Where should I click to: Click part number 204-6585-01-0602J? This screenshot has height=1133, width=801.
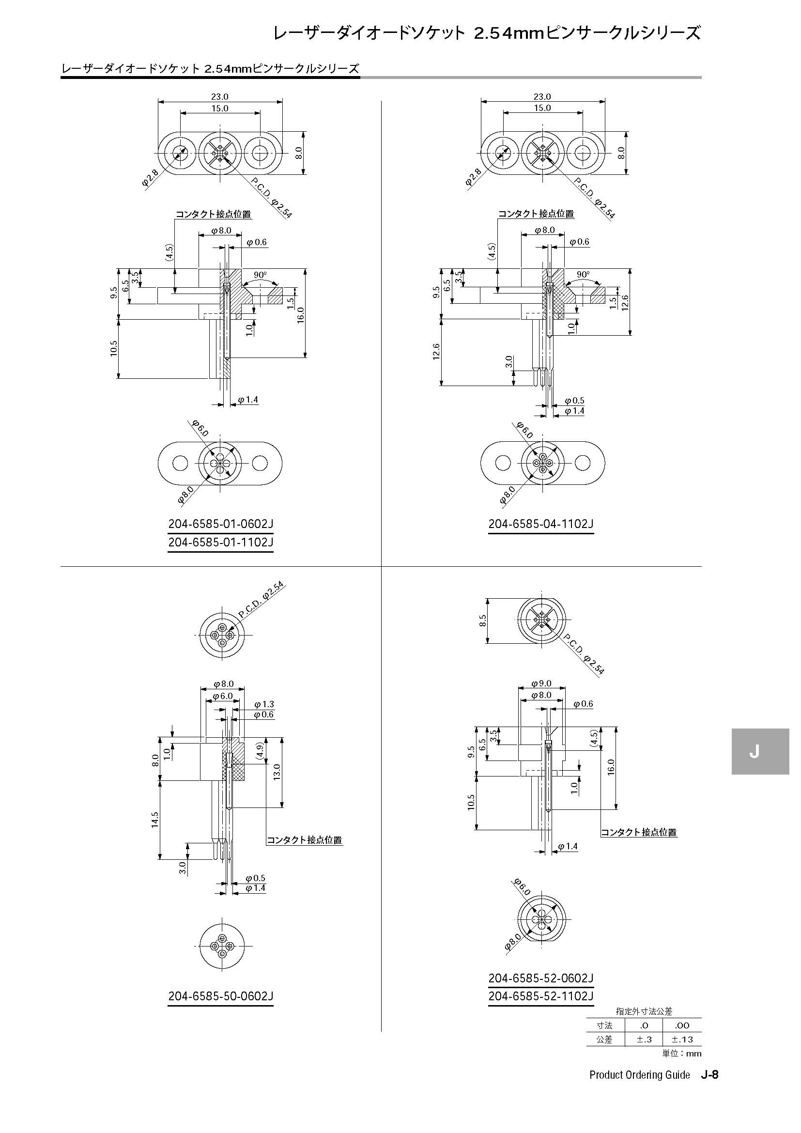click(220, 524)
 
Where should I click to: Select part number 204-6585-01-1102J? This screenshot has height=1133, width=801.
click(220, 543)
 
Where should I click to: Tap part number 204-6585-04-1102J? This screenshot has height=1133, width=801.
click(541, 524)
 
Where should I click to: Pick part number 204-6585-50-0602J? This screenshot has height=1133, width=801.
click(220, 996)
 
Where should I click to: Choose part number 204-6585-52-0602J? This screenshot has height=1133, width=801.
click(541, 978)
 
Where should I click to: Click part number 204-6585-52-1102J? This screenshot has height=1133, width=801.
click(541, 996)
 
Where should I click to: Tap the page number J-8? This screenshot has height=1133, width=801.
click(710, 1075)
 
